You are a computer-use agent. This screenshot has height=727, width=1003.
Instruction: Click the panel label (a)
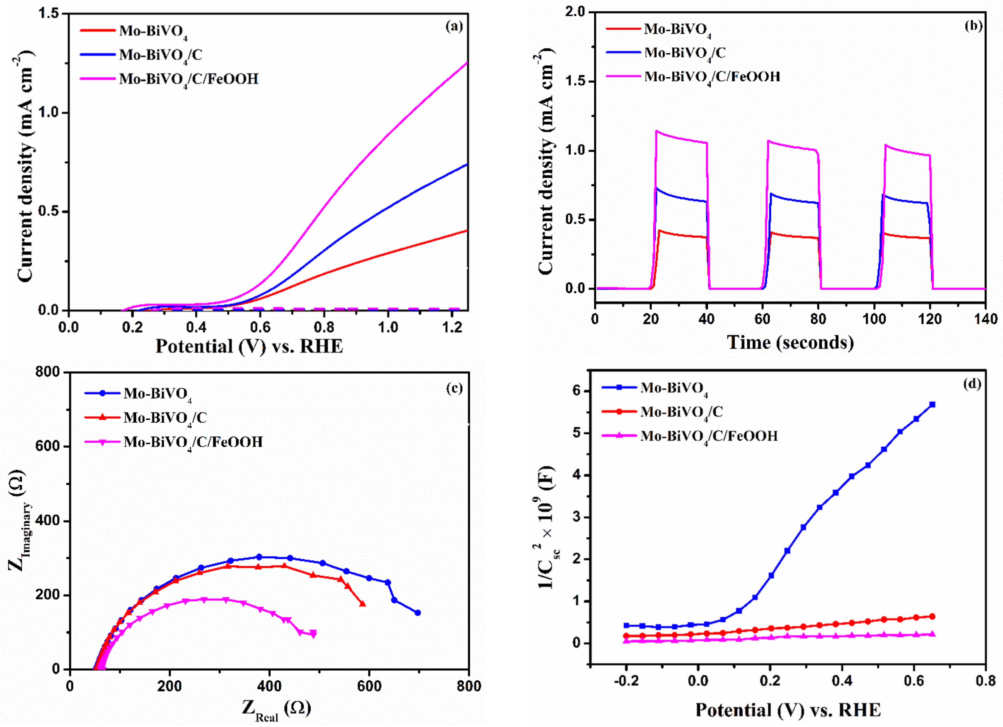coord(454,27)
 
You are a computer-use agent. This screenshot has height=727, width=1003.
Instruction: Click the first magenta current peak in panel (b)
coord(657,131)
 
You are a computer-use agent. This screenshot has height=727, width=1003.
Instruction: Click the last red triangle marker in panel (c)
coord(363,604)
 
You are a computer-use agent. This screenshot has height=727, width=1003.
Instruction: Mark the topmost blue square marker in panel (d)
coord(933,404)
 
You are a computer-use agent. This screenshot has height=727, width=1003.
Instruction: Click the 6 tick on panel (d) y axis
coord(577,391)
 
